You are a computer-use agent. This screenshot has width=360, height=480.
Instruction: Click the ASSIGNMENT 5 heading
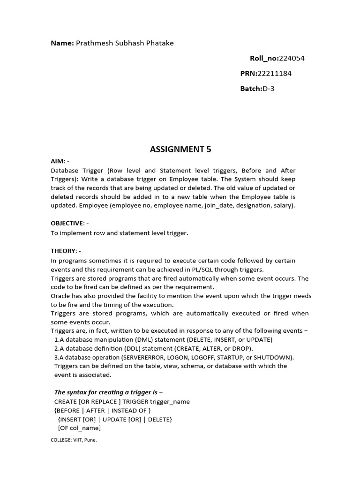[180, 150]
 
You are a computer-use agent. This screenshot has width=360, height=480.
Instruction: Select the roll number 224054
[292, 58]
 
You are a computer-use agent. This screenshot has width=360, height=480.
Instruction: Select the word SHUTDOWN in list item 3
[275, 357]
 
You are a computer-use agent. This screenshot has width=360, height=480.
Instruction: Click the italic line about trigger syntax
[109, 392]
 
